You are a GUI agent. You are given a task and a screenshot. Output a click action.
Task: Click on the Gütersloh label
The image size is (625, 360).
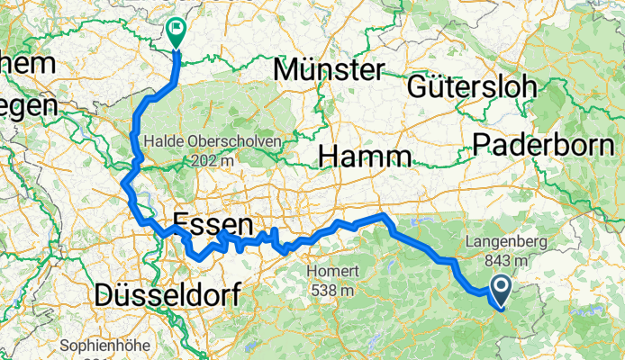[472, 86]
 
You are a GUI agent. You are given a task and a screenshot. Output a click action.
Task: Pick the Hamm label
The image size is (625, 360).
[365, 157]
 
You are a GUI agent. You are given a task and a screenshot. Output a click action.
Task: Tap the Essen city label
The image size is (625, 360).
[211, 223]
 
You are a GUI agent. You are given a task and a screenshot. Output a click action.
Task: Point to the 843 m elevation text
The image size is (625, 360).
[504, 259]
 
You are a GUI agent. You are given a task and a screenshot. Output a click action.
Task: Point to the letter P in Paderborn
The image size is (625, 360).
[482, 144]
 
